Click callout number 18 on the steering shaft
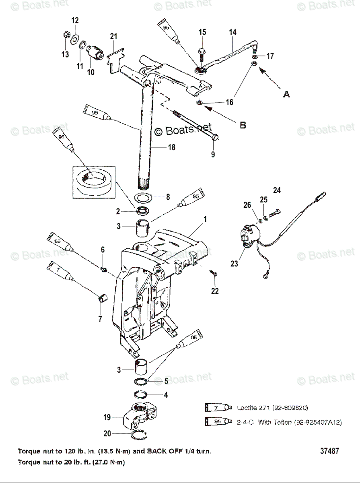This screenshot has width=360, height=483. (x=172, y=147)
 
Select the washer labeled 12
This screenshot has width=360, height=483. (x=74, y=40)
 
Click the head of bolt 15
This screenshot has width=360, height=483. (x=202, y=51)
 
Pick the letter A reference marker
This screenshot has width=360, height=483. (x=286, y=94)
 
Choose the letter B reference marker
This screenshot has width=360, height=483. (x=243, y=125)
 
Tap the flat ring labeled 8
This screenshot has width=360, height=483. (x=144, y=198)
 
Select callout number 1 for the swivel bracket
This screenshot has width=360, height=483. (x=205, y=219)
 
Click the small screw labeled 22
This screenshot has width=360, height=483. (x=214, y=274)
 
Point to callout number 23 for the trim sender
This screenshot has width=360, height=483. (x=234, y=264)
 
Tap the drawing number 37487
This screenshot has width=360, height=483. (x=329, y=451)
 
